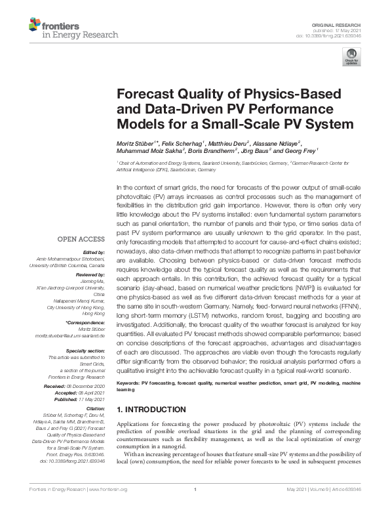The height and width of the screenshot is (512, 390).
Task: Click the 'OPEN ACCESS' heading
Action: tap(82, 240)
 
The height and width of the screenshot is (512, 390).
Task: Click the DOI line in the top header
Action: tap(339, 35)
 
